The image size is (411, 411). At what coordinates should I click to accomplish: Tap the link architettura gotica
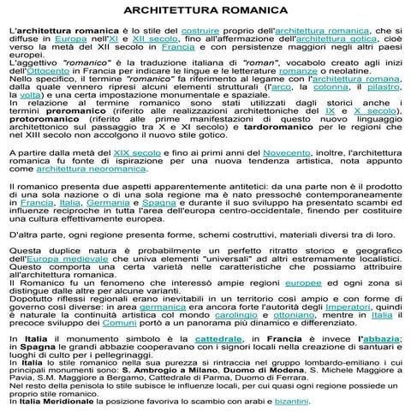pyautogui.click(x=331, y=39)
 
